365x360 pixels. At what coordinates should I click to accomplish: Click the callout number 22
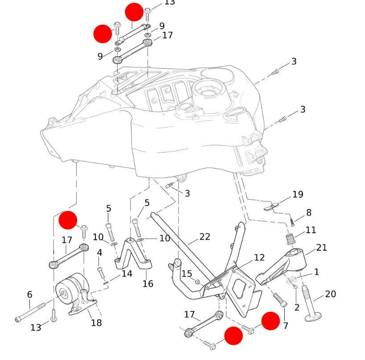(204, 237)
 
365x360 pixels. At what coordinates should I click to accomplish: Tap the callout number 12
(259, 257)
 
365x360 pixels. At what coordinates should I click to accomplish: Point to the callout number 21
(321, 248)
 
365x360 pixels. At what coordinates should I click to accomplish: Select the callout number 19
(297, 194)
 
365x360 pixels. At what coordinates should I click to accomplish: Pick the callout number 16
(148, 284)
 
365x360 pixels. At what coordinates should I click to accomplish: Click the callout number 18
(96, 323)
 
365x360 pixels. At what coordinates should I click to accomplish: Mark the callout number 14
(127, 273)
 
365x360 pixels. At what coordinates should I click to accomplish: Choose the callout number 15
(186, 273)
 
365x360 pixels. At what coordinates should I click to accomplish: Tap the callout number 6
(29, 294)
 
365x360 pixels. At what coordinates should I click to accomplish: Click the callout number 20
(330, 294)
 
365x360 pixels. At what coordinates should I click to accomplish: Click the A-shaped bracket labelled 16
(132, 257)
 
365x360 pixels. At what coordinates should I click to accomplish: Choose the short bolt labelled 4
(101, 271)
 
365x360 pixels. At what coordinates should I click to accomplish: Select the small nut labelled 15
(197, 282)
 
